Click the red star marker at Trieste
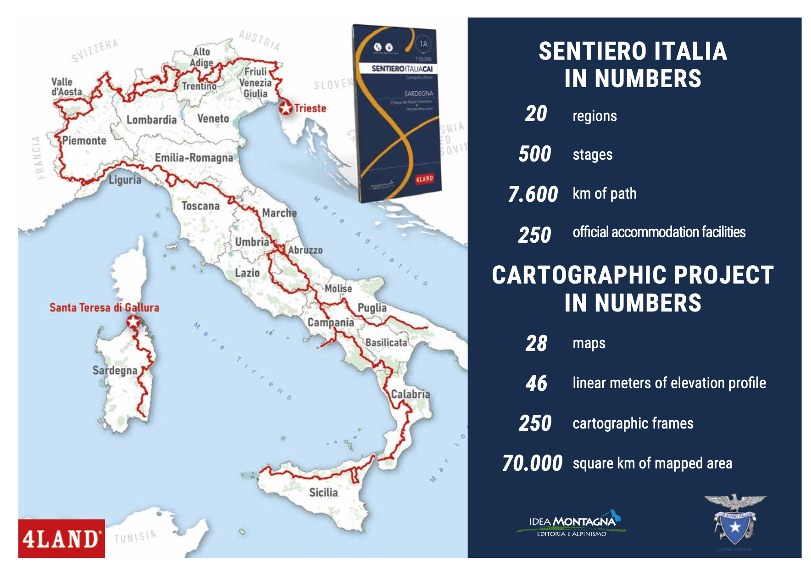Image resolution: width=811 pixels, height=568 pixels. pos(285,108)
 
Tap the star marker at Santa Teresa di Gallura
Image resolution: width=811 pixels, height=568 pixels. pos(133,322)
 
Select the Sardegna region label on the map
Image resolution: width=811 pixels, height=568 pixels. pos(115,370)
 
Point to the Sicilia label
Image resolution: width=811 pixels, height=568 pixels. pos(323,492)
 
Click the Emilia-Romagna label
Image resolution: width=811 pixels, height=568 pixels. pos(194,158)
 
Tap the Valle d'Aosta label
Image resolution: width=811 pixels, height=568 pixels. pos(66,87)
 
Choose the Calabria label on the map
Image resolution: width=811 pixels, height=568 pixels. pos(410,394)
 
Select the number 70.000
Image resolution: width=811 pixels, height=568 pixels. pos(532,463)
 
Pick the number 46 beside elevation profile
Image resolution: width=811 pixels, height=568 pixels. pos(536,383)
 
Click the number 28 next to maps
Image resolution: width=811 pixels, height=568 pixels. pos(536,344)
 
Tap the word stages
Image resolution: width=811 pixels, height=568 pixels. pos(592,155)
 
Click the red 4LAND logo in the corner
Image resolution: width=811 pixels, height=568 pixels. pos(61,539)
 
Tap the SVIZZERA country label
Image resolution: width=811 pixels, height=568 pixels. pos(94,50)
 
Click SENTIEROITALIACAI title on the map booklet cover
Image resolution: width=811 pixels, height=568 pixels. pos(402,69)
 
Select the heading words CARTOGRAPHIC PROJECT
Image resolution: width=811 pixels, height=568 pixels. pos(633,275)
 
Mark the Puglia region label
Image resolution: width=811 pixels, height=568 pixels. pos(372,307)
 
